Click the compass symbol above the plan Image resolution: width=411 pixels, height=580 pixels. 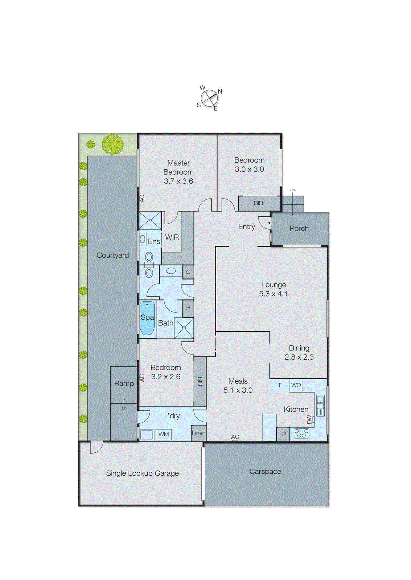(x=209, y=98)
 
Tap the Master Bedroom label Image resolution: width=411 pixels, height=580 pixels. (x=178, y=167)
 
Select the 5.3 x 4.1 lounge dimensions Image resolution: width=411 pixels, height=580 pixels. (x=273, y=294)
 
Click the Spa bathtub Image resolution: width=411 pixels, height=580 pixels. (x=147, y=318)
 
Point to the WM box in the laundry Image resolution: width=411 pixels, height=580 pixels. (x=164, y=434)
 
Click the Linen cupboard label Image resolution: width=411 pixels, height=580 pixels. (x=198, y=433)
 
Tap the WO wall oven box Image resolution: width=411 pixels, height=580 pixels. (x=296, y=385)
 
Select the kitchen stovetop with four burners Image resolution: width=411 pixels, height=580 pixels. (x=301, y=433)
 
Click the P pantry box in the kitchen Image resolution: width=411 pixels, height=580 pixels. (x=284, y=434)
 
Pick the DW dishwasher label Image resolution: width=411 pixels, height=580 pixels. (x=309, y=419)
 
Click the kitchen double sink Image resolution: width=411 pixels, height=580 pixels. (x=320, y=406)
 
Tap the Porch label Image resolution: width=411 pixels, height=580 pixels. (x=299, y=229)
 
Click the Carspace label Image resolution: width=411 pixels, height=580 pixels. (x=265, y=472)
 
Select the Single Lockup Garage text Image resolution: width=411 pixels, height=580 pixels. (x=142, y=473)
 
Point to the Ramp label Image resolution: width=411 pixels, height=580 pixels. (x=124, y=384)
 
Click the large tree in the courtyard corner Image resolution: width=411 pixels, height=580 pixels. (x=112, y=144)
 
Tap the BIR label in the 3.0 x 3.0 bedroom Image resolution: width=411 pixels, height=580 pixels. (x=258, y=203)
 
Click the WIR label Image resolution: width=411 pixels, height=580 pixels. (x=172, y=237)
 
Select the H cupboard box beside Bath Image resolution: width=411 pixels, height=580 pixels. (x=188, y=308)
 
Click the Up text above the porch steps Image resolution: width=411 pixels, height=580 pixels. (x=292, y=190)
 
